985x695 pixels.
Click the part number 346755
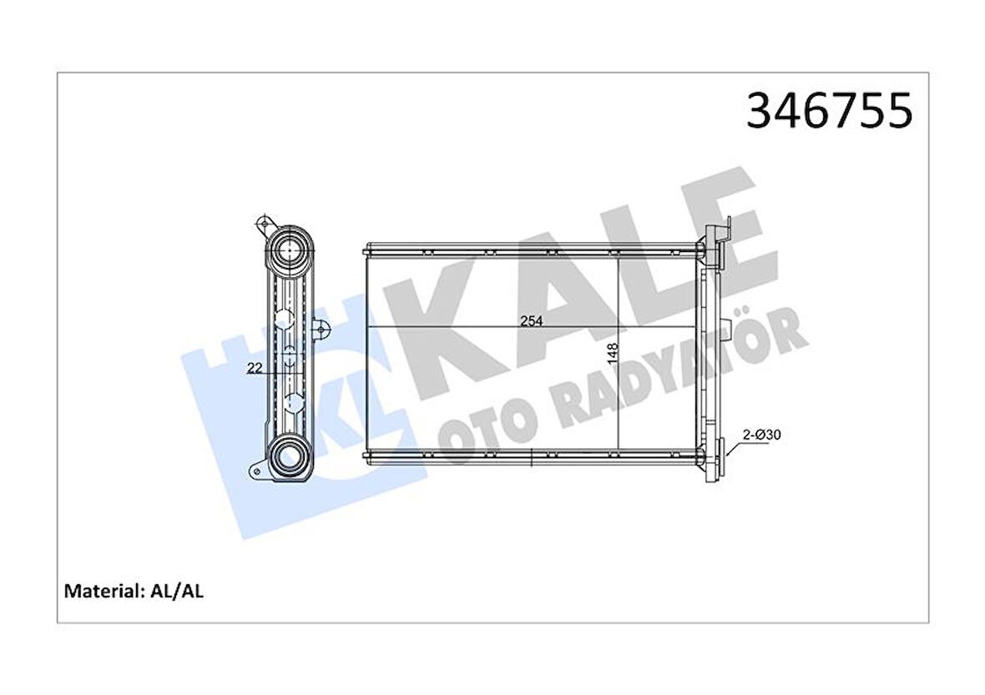pos(828,112)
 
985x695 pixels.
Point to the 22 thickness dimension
pos(256,368)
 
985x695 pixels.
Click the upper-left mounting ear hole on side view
pos(263,224)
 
